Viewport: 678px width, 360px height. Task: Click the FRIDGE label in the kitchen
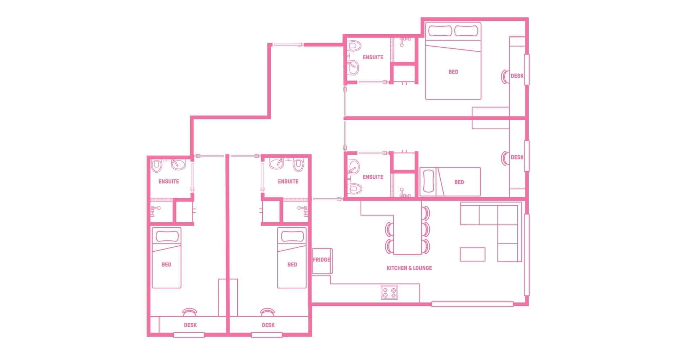point(321,260)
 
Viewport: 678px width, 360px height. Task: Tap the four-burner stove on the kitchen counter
point(389,292)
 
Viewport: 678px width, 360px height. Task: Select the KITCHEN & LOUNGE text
point(409,268)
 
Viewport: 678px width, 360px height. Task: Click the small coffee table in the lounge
point(472,254)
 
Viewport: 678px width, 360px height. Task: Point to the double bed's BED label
point(453,72)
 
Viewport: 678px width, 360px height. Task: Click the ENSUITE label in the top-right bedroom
point(373,57)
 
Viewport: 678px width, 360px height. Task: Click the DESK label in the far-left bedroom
point(190,325)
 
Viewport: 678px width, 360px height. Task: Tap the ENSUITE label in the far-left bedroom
point(169,181)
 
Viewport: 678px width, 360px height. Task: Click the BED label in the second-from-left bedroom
point(292,264)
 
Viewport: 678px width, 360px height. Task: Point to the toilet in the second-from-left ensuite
point(299,164)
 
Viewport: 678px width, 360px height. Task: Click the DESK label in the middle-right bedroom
point(517,157)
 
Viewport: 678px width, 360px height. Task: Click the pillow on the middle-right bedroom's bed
point(427,181)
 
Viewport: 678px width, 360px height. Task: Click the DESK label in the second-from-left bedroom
point(268,325)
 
